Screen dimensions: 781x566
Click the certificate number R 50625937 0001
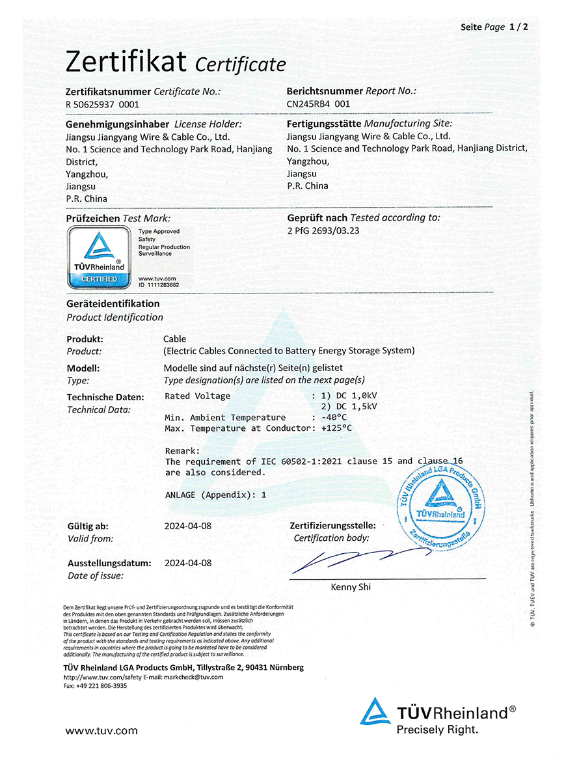[x=102, y=103]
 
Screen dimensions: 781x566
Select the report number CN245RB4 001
[x=318, y=103]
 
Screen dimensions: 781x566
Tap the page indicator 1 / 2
[x=519, y=27]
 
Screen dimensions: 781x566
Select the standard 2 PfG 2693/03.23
[x=323, y=230]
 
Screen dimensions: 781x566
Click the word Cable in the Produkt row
[x=174, y=339]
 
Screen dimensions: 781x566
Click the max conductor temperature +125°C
[x=336, y=428]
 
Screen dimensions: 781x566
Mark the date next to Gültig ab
[x=188, y=525]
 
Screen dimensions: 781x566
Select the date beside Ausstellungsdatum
[x=188, y=563]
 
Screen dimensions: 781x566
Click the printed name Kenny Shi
[x=351, y=587]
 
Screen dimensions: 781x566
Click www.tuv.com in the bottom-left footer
[x=101, y=730]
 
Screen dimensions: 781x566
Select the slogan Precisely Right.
[x=437, y=730]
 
